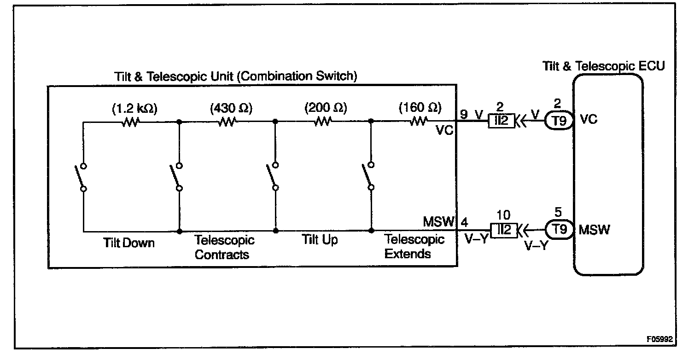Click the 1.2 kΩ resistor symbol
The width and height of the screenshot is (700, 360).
click(x=130, y=122)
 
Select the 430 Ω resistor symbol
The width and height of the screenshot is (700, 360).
click(x=227, y=122)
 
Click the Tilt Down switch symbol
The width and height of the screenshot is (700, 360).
click(x=83, y=177)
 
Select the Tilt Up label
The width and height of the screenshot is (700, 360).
click(x=320, y=240)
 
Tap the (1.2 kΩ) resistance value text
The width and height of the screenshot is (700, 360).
click(x=134, y=109)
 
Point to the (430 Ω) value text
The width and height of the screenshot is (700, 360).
click(x=231, y=109)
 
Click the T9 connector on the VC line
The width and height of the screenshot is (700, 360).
click(x=559, y=121)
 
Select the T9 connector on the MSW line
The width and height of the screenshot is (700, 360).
click(x=559, y=229)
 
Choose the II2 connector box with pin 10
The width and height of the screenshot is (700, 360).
click(x=504, y=229)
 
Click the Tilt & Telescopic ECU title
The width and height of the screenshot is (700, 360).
click(x=604, y=66)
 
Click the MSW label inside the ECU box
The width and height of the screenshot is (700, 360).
click(x=594, y=229)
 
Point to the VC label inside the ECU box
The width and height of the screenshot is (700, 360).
click(x=589, y=119)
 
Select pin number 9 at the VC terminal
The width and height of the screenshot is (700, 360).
click(x=463, y=113)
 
